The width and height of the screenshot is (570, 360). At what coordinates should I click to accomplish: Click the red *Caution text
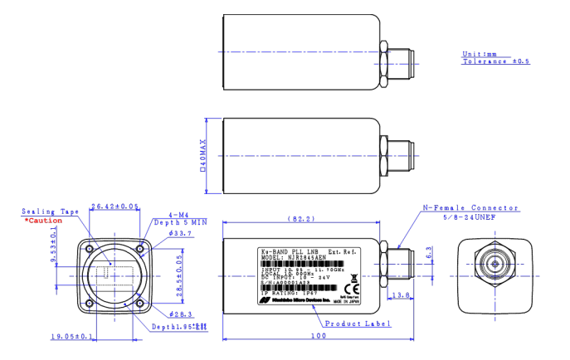point(42,221)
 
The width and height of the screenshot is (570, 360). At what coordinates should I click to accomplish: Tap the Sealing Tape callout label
point(50,212)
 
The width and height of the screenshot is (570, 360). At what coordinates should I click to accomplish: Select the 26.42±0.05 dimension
point(114,207)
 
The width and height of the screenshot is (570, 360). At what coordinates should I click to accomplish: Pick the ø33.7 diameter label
point(180,234)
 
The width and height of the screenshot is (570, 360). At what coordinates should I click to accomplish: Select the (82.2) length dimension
point(300,219)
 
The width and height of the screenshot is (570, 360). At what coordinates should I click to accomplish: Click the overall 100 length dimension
point(317,336)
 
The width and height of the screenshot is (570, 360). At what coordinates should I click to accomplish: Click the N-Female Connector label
point(470,208)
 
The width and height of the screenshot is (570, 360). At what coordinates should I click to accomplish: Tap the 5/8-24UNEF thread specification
point(471,217)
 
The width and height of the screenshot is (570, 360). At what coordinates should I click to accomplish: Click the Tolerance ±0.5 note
point(495,61)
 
